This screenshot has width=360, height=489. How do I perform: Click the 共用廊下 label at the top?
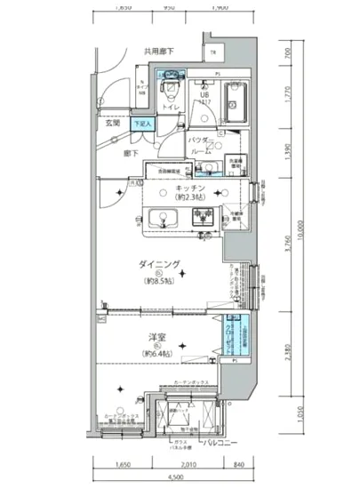tap(160, 52)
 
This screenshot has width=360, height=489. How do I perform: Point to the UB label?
tap(204, 94)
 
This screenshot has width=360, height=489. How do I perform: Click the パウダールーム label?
tap(199, 147)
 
